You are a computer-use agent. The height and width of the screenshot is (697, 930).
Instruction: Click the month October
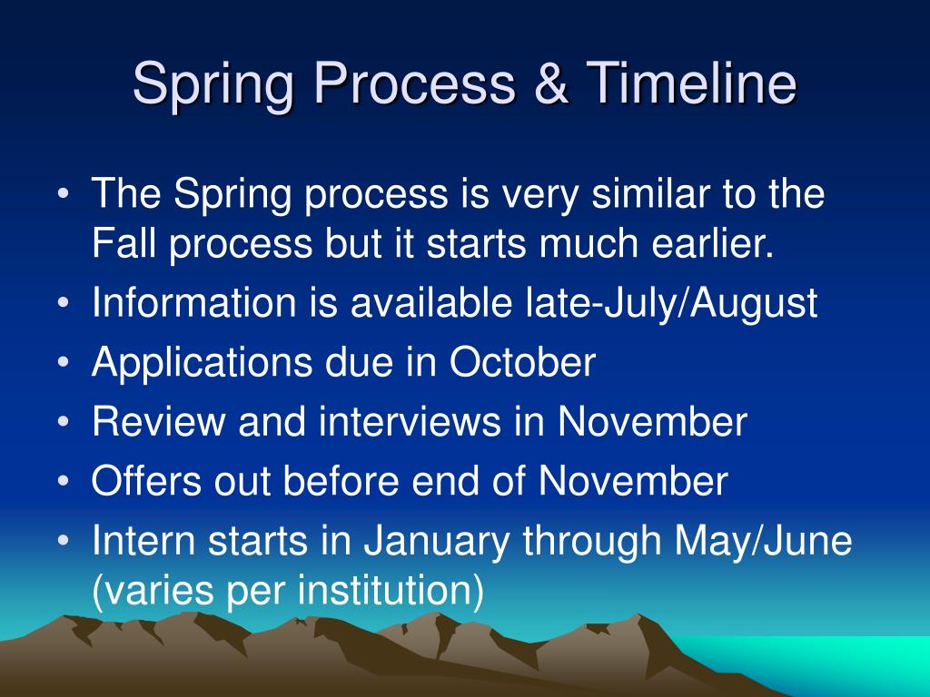point(522,363)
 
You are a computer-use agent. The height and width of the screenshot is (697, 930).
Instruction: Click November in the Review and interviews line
point(652,422)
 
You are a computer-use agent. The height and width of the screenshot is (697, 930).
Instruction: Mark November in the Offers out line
point(633,481)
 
